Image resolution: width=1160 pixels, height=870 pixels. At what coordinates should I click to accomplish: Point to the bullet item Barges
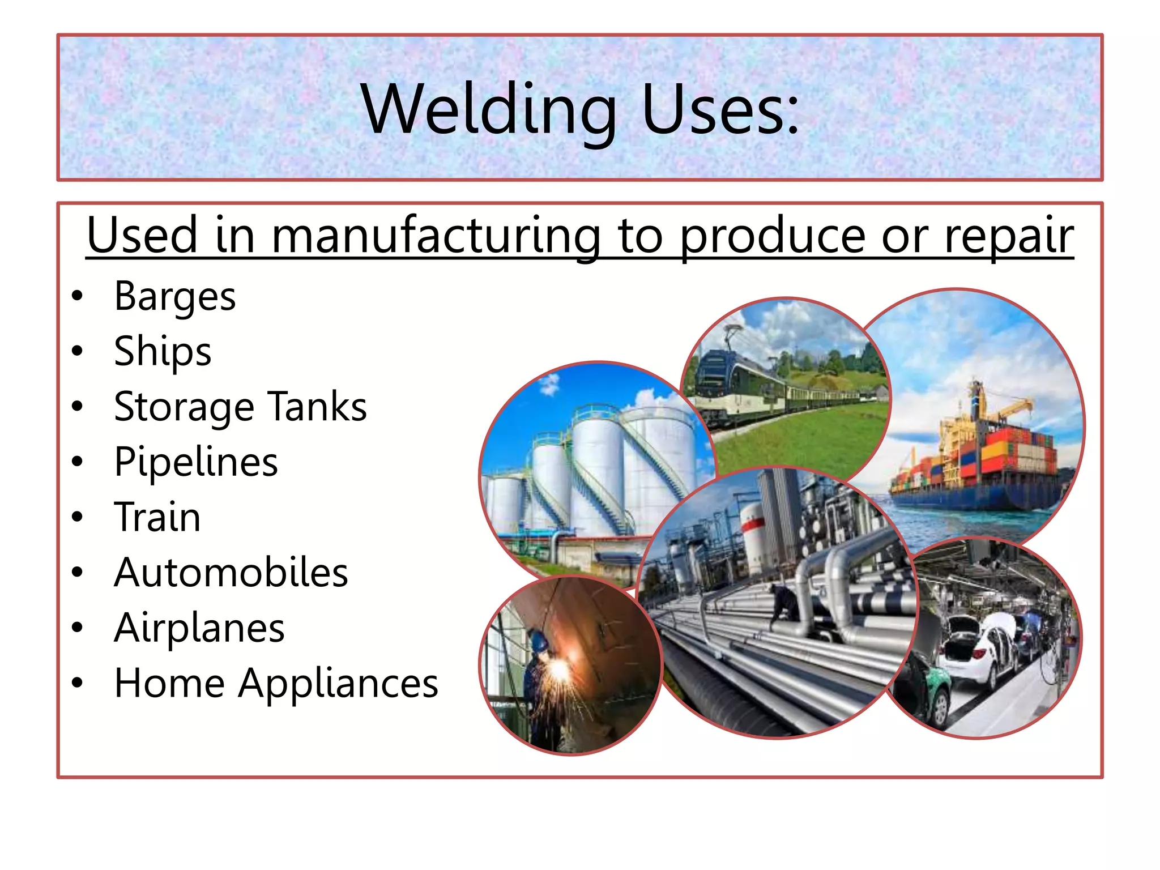(x=174, y=296)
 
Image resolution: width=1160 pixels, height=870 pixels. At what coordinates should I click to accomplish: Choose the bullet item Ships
(x=163, y=351)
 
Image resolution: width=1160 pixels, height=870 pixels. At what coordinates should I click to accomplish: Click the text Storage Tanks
(x=240, y=407)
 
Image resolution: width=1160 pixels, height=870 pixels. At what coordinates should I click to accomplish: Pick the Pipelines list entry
(x=196, y=462)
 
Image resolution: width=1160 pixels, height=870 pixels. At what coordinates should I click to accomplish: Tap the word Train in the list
(x=157, y=517)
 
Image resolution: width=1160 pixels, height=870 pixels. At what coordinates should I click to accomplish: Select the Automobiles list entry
(x=231, y=572)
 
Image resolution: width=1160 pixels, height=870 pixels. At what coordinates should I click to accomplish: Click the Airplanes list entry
(x=199, y=628)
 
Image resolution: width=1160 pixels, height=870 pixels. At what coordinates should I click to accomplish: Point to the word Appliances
(x=338, y=683)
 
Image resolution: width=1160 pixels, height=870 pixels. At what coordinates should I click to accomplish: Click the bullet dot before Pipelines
(x=78, y=462)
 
